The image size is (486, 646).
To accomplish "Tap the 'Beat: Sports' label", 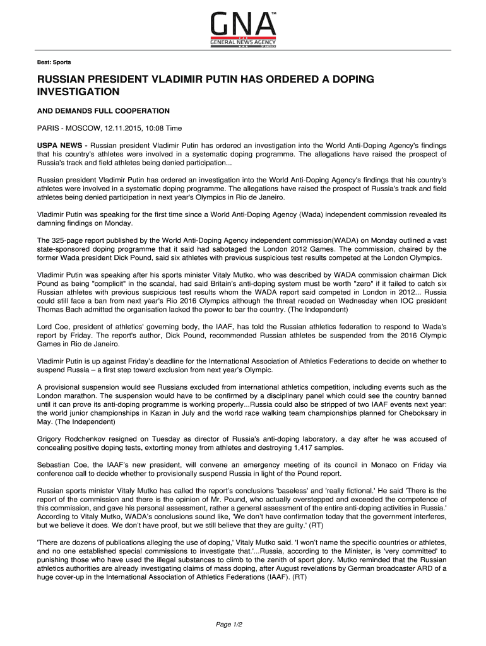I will pos(53,62).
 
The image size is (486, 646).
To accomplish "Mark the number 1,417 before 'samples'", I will pos(305,448).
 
